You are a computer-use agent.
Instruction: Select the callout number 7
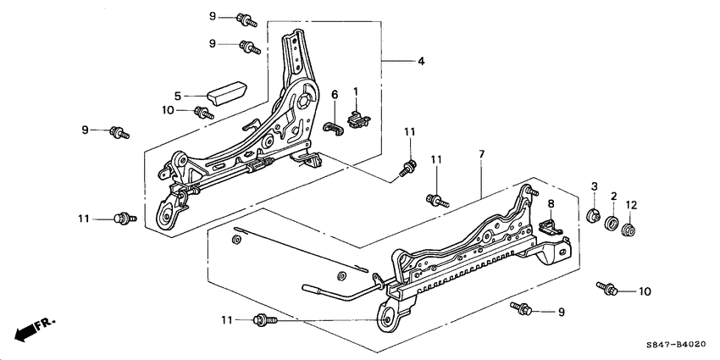point(480,155)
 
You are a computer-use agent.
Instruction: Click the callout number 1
point(357,92)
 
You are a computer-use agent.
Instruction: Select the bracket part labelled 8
point(551,225)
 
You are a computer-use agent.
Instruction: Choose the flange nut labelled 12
point(629,230)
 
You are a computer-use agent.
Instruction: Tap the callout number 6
point(335,94)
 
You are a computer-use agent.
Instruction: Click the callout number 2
point(612,197)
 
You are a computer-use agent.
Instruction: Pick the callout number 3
point(595,186)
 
